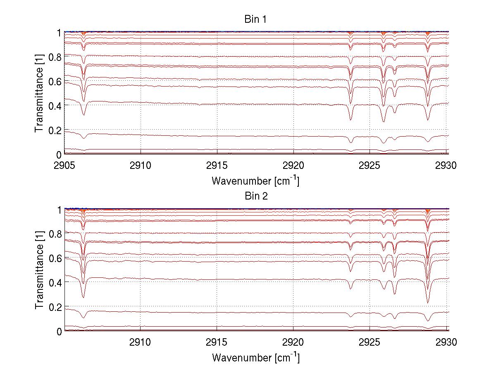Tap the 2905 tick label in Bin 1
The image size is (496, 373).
pyautogui.click(x=64, y=165)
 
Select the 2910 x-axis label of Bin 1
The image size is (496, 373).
pyautogui.click(x=141, y=165)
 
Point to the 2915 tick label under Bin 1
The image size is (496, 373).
pyautogui.click(x=217, y=165)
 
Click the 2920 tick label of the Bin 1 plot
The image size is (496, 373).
pyautogui.click(x=293, y=165)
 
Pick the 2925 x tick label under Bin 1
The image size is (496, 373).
pyautogui.click(x=370, y=165)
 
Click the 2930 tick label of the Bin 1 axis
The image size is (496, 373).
pyautogui.click(x=446, y=165)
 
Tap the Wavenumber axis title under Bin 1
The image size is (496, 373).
pyautogui.click(x=255, y=180)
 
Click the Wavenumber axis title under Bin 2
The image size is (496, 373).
pyautogui.click(x=255, y=357)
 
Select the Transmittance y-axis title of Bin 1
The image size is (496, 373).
pyautogui.click(x=39, y=93)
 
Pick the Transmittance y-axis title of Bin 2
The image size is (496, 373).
pyautogui.click(x=39, y=270)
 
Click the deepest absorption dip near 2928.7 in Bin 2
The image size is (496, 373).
pyautogui.click(x=427, y=302)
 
